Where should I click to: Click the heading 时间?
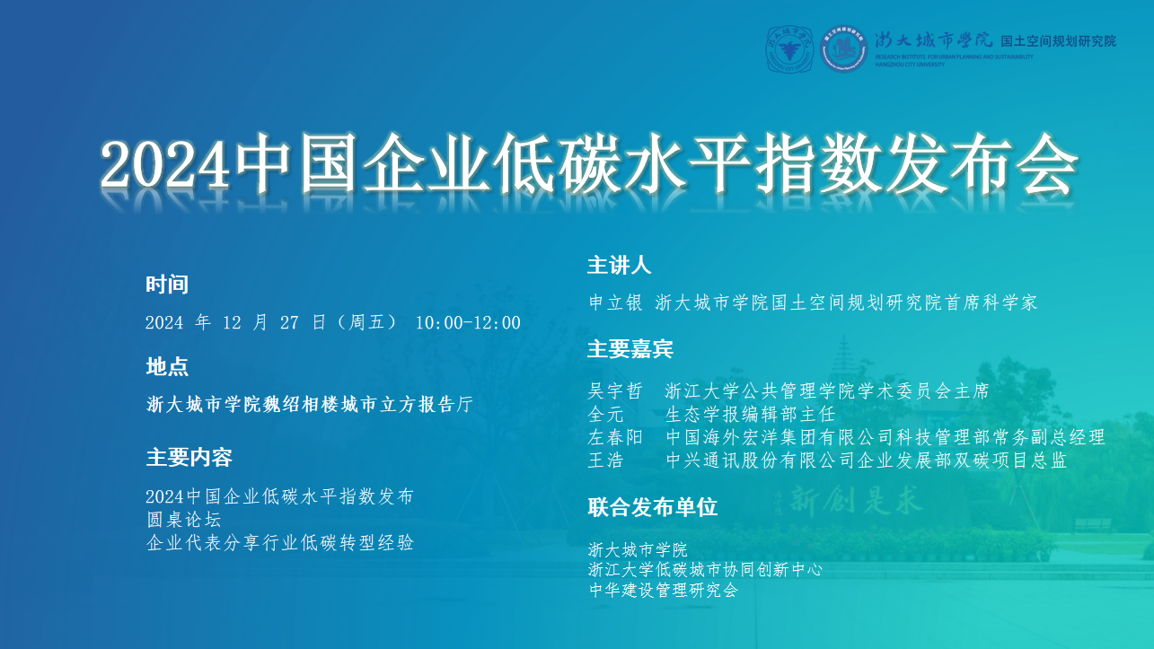pyautogui.click(x=167, y=285)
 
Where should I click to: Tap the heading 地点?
pyautogui.click(x=167, y=367)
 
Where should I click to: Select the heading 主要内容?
pyautogui.click(x=189, y=458)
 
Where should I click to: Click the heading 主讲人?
pyautogui.click(x=620, y=266)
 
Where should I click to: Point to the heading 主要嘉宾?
pyautogui.click(x=630, y=349)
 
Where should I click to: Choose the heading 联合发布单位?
pyautogui.click(x=652, y=507)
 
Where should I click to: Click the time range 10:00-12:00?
pyautogui.click(x=468, y=323)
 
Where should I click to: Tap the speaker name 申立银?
pyautogui.click(x=615, y=303)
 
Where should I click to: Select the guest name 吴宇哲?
pyautogui.click(x=615, y=391)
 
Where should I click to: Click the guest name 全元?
pyautogui.click(x=606, y=415)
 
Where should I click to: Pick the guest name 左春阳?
pyautogui.click(x=615, y=437)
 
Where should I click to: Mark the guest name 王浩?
pyautogui.click(x=606, y=460)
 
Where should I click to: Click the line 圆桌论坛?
pyautogui.click(x=184, y=520)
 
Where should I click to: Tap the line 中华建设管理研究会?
pyautogui.click(x=664, y=590)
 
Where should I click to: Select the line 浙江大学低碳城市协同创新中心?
pyautogui.click(x=705, y=570)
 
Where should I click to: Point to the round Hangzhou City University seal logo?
pyautogui.click(x=789, y=49)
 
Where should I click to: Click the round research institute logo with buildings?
pyautogui.click(x=844, y=49)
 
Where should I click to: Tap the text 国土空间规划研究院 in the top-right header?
pyautogui.click(x=1058, y=41)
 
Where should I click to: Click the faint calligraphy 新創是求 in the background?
pyautogui.click(x=854, y=500)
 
